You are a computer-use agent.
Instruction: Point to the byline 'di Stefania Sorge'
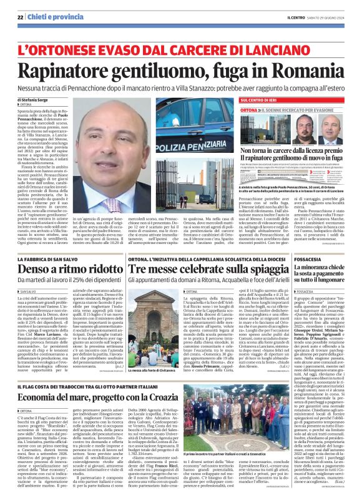point(37,99)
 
